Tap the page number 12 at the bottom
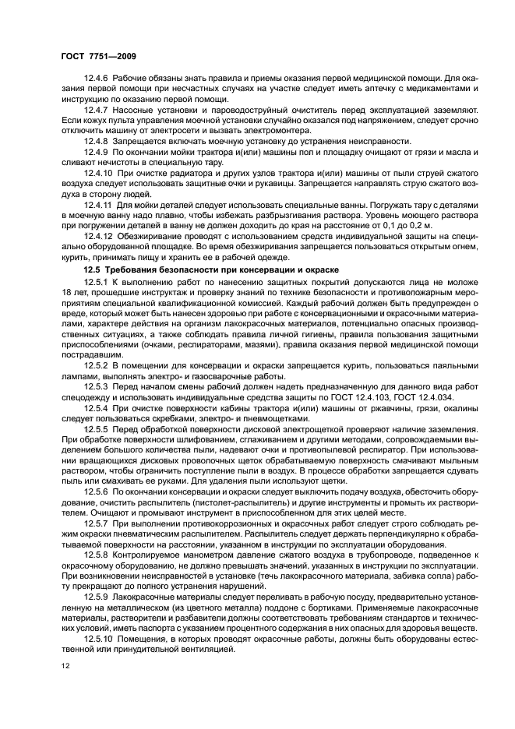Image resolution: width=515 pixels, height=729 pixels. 65,666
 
